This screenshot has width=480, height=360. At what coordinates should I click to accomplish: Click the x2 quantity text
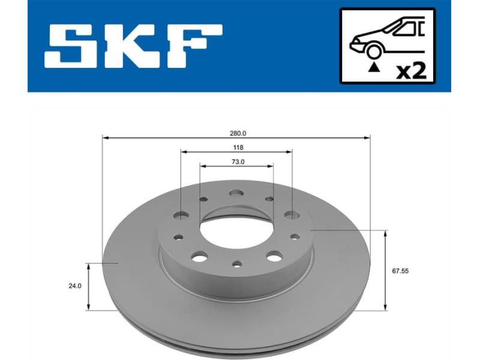pos(412,71)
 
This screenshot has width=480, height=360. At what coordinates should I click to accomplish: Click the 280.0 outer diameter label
pos(236,133)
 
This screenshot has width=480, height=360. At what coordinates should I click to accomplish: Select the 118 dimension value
pos(236,147)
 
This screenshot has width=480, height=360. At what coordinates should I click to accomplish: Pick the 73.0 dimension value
pos(236,161)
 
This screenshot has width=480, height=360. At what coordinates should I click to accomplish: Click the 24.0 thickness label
pos(74,287)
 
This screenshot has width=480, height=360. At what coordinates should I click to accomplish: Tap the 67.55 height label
pos(400,271)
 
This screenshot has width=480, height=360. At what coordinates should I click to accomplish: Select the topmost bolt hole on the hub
pos(236,194)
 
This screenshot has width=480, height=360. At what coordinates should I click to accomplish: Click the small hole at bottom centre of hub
pos(236,264)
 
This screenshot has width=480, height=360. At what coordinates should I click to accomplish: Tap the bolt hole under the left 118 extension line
pos(181,215)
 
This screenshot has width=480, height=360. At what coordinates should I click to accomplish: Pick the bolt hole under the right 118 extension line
pos(292,214)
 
